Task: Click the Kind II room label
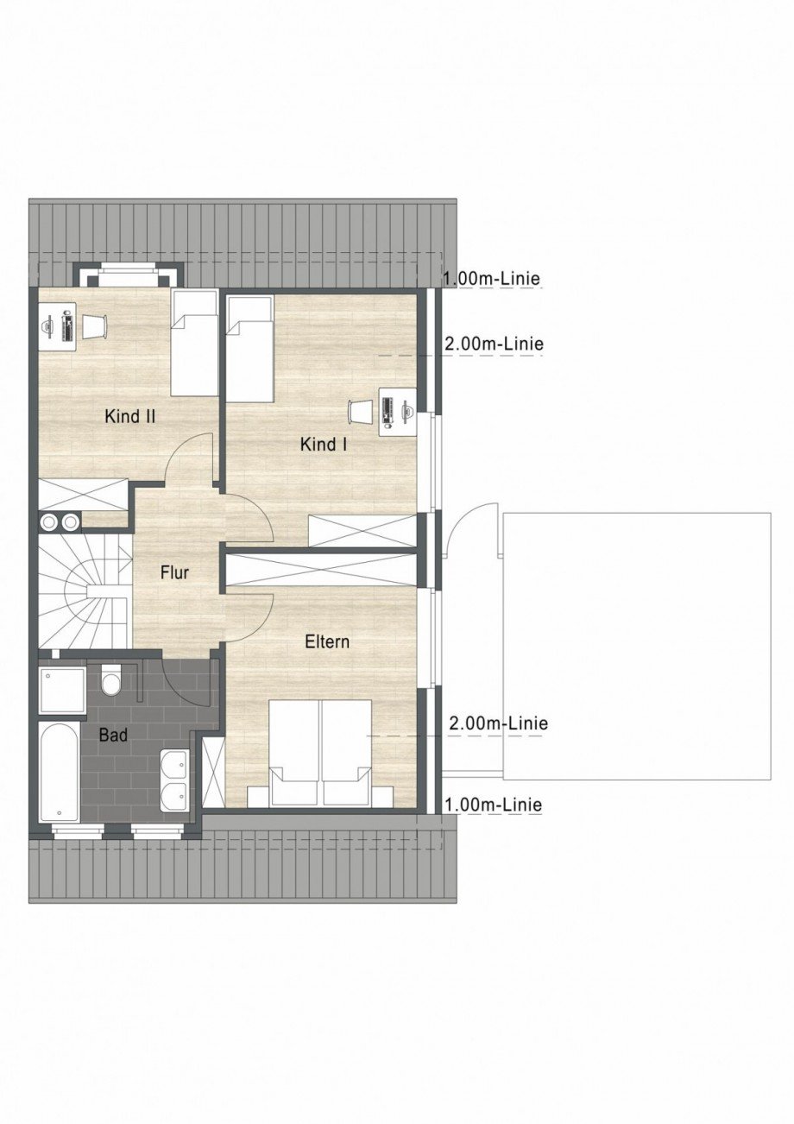130,416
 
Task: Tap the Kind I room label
324,444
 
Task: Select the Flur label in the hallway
174,572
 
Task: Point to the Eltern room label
327,641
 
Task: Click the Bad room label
113,736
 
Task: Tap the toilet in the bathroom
110,680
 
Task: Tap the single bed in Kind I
249,349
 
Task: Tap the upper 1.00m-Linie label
493,278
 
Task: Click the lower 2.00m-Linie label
499,723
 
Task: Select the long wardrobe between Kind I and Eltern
321,570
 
